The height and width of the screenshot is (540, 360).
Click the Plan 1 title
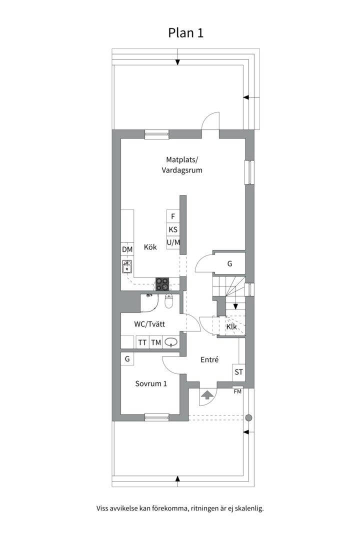[185, 32]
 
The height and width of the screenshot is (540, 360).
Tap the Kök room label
[150, 247]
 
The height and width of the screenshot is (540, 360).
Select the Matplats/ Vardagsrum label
[182, 165]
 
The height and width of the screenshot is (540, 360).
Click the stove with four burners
[162, 284]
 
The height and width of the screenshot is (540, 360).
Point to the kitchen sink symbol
[127, 266]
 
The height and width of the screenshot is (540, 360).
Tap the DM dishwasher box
[127, 249]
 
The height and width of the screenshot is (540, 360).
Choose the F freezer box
[173, 216]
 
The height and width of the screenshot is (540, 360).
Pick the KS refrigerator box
[173, 229]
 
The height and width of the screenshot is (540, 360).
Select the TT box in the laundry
[142, 342]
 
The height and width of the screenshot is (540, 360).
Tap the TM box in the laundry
[156, 342]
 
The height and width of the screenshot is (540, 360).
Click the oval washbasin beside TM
[171, 342]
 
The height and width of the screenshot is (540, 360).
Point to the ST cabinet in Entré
[238, 372]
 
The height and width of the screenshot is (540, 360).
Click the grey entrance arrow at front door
[207, 394]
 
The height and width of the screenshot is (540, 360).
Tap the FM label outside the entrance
[237, 391]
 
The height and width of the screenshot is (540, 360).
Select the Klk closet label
[231, 326]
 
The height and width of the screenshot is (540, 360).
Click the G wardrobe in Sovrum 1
[127, 359]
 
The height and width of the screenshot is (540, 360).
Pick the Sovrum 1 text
[151, 383]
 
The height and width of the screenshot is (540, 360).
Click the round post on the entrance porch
[248, 418]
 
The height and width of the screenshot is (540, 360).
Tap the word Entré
[209, 359]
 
